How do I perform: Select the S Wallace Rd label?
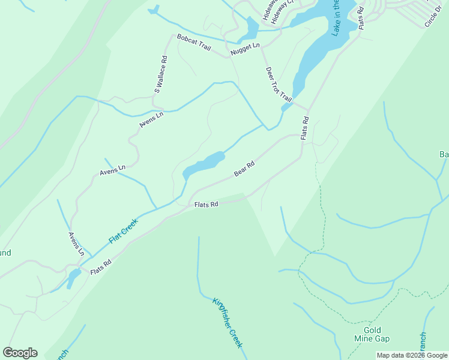[x=161, y=75]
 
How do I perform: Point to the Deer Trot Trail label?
[x=279, y=84]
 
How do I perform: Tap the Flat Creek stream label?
[x=124, y=231]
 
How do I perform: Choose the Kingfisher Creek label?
[x=228, y=323]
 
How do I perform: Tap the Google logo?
[x=20, y=353]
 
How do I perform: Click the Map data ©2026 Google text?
[x=412, y=355]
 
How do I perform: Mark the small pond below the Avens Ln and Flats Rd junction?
[x=74, y=277]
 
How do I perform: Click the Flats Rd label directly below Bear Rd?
[x=206, y=205]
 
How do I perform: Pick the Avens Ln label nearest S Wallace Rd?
[x=151, y=120]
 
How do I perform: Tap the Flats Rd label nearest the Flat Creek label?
[x=101, y=268]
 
